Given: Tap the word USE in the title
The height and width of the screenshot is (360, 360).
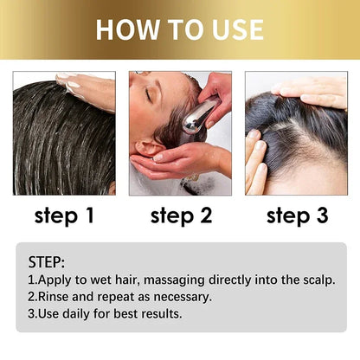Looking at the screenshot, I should [231, 29].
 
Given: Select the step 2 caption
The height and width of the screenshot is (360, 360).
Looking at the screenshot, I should [181, 216].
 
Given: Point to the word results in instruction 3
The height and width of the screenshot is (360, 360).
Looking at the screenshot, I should [160, 312].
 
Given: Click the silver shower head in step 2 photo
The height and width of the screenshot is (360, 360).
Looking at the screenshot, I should [201, 115].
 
